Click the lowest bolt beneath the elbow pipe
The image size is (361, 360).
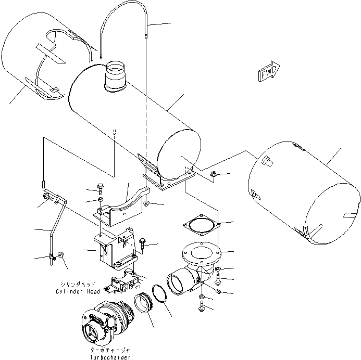click(202, 307)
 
